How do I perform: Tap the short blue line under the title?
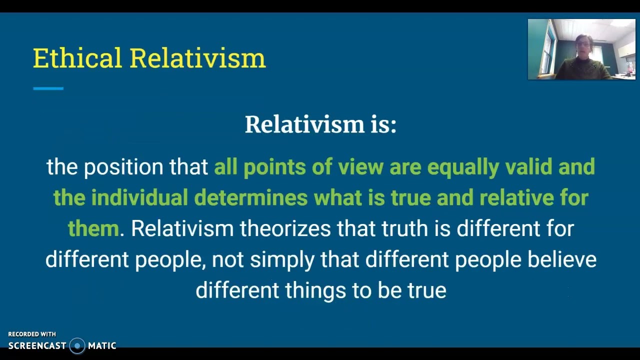pos(48,88)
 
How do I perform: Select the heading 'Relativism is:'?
pos(320,124)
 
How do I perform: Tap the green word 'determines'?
pos(250,197)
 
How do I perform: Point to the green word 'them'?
pos(93,228)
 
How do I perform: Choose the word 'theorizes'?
pos(285,228)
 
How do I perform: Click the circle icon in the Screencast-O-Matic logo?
pos(77,345)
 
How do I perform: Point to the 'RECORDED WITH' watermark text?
pos(32,334)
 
